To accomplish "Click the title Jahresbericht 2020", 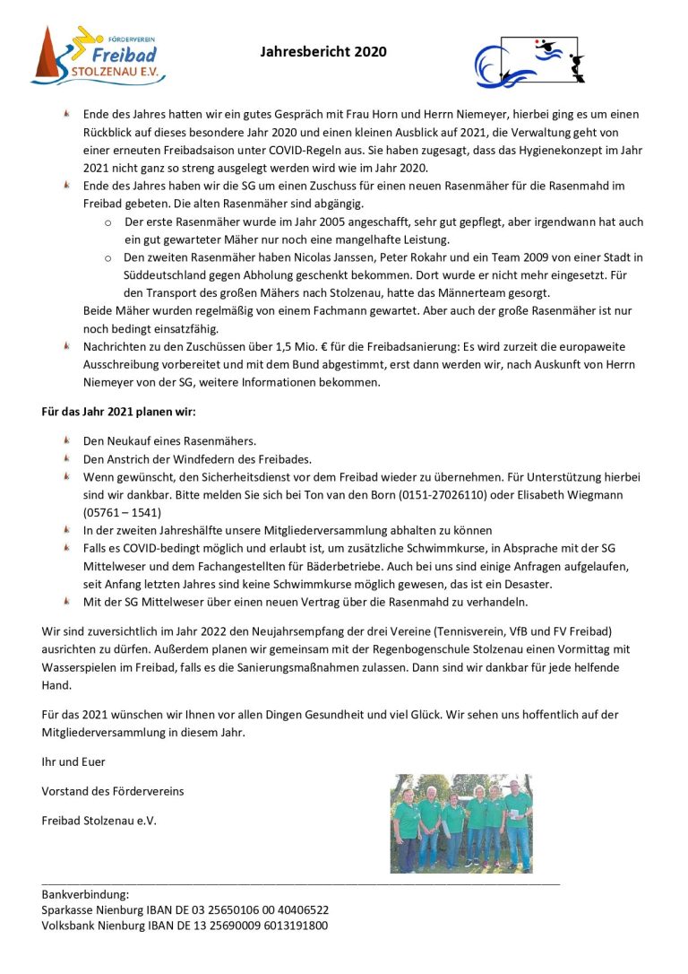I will pos(323,52).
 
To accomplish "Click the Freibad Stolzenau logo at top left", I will pos(98,56).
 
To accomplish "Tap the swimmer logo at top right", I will pos(529,61).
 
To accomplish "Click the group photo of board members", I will pos(460,823).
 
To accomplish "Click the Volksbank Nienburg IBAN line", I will pos(185,926).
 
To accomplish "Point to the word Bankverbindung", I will pos(85,894).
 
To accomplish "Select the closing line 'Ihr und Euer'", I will pos(73,761).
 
